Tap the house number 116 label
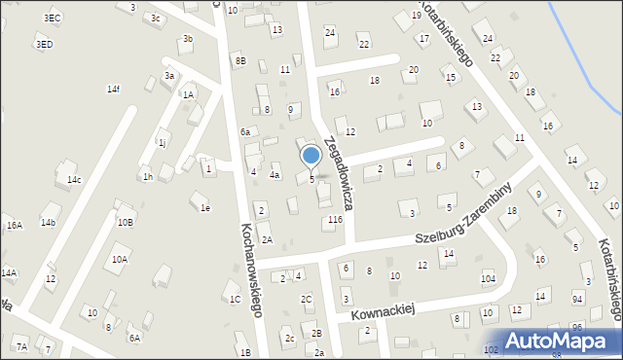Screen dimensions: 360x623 335,221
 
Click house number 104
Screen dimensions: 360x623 488,278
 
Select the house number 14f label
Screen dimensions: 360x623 114,90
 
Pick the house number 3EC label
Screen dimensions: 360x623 53,18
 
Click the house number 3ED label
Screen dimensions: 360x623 44,45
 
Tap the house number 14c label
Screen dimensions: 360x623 74,180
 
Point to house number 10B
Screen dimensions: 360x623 126,222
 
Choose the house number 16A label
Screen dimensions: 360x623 14,226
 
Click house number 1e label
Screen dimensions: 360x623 204,208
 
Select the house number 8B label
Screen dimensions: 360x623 240,61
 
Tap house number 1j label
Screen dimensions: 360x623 163,143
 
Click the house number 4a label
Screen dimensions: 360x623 275,176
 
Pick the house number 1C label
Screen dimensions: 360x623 235,299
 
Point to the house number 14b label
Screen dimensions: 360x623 48,223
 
